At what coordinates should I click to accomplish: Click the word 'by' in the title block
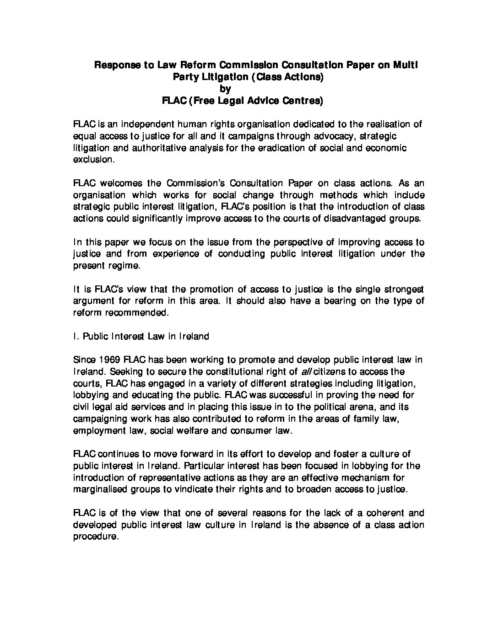coord(225,89)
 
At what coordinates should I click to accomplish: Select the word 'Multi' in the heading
coord(405,65)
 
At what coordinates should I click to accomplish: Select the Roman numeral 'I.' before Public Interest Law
coord(76,337)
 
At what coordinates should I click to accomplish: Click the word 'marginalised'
coord(101,489)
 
